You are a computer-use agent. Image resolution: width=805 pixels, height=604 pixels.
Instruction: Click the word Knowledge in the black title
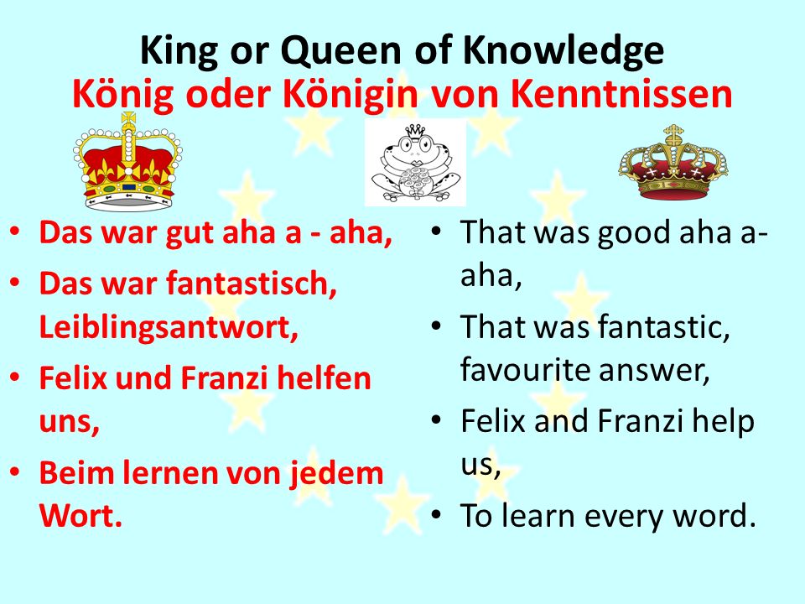click(563, 51)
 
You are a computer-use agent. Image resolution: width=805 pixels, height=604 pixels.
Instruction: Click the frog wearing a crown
click(415, 162)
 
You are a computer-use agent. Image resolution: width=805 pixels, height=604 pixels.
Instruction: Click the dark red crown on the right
click(673, 163)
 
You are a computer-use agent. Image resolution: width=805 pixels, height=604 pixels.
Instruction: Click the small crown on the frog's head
click(415, 132)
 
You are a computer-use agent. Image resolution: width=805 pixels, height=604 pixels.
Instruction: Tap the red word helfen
click(324, 378)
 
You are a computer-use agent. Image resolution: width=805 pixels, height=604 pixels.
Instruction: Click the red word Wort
click(80, 515)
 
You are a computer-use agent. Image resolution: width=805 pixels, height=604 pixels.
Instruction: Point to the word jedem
click(336, 473)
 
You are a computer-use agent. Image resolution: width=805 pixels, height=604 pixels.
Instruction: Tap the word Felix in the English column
click(493, 421)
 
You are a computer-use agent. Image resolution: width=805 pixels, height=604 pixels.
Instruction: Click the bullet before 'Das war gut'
click(15, 232)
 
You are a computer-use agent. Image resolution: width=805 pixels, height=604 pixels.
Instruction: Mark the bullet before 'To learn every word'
click(436, 515)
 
